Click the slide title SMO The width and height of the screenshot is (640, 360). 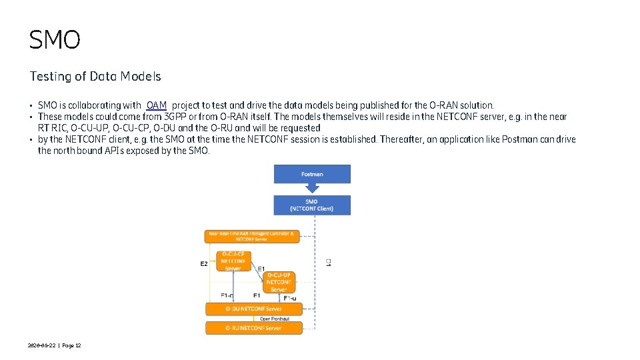[x=55, y=40]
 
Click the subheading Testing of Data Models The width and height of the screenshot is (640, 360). [x=95, y=77]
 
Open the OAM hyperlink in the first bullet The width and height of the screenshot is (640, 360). [x=157, y=105]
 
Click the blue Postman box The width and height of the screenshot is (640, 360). [x=312, y=174]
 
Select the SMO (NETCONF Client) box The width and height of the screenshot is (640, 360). [x=311, y=205]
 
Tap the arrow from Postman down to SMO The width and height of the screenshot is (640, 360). [x=312, y=189]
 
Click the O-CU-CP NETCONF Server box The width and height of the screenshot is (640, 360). [x=233, y=261]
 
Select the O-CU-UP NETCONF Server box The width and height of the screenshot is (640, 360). [x=279, y=282]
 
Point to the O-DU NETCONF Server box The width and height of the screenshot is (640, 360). [x=253, y=309]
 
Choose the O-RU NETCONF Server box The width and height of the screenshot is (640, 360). [x=253, y=328]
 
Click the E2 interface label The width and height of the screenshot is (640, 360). [x=204, y=264]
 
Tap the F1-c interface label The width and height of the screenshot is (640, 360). [x=227, y=295]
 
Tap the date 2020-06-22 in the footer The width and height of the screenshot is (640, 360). [x=42, y=345]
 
